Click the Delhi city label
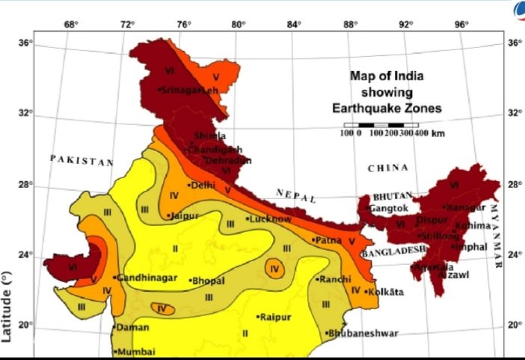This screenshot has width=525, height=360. [202, 185]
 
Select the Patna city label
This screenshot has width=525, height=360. [327, 240]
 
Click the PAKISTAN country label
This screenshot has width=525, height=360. [82, 160]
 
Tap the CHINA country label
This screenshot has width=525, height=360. [388, 168]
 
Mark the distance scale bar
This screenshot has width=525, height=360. [381, 125]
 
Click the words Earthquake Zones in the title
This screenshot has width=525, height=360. [387, 109]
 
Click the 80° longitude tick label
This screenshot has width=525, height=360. [238, 24]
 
